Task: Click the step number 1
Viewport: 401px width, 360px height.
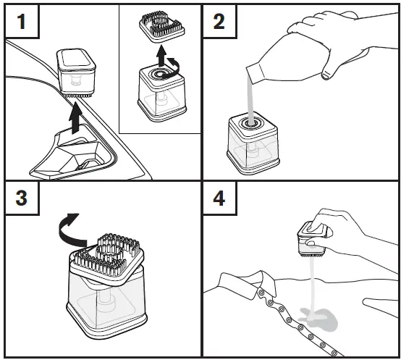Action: coord(22,22)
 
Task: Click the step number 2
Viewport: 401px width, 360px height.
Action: coord(219,22)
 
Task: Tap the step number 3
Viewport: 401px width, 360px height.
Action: coord(21,198)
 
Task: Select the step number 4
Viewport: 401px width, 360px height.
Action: coord(219,198)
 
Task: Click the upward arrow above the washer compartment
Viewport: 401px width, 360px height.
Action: coord(76,117)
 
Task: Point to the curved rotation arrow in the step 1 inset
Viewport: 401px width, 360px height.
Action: coord(172,68)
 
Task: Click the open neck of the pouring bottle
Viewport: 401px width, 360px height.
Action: coord(255,74)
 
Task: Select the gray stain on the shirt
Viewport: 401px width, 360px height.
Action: coord(320,318)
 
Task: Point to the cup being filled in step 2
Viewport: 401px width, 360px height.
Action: coord(253,145)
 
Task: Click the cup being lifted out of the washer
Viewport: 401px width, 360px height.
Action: coord(76,72)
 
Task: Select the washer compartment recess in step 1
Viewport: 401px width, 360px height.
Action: coord(73,153)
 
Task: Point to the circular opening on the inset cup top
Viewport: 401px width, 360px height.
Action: coord(161,74)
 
